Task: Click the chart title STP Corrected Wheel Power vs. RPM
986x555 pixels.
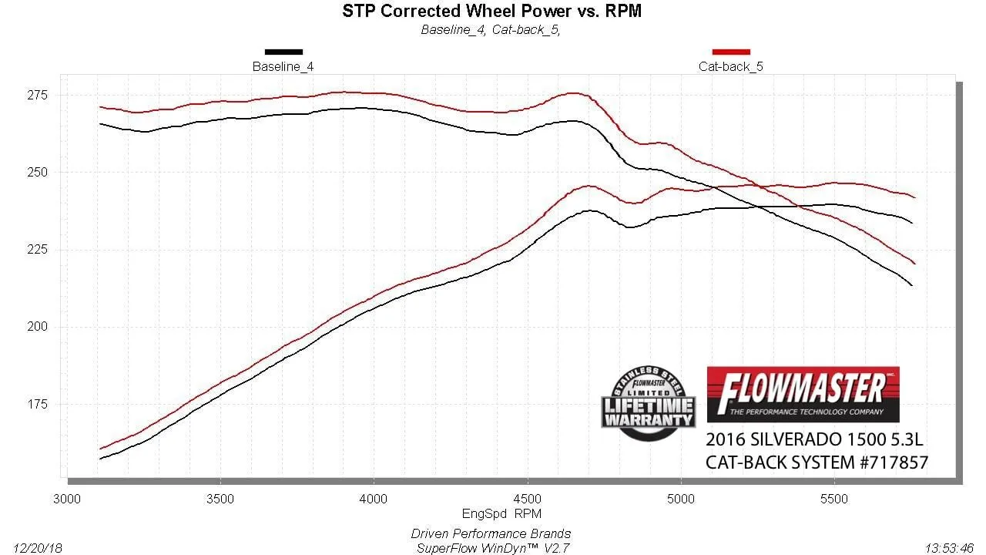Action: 491,12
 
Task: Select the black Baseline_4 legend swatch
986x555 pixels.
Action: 283,52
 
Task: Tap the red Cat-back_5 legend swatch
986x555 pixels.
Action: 731,52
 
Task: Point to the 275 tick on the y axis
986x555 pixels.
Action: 38,96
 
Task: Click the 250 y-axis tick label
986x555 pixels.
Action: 38,173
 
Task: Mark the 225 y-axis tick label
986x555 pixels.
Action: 38,250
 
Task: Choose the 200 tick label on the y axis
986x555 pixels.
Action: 38,327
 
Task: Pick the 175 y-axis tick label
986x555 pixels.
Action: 38,405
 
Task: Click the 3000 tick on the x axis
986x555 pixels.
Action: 67,499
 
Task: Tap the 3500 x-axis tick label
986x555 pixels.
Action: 220,499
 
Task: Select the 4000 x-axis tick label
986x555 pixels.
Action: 374,499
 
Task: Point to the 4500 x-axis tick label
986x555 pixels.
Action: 527,499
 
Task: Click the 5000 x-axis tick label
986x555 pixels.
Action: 681,499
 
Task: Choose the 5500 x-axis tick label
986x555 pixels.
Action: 834,499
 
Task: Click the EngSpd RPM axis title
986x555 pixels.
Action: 491,513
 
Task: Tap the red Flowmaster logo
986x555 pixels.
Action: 803,394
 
